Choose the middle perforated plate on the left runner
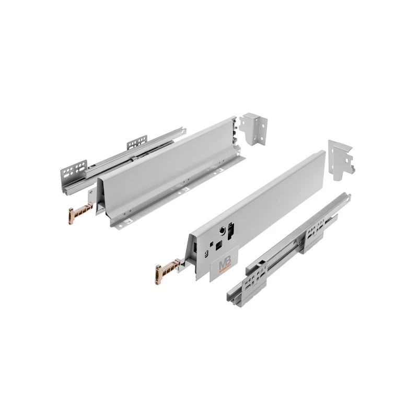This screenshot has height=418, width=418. click(x=137, y=142)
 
